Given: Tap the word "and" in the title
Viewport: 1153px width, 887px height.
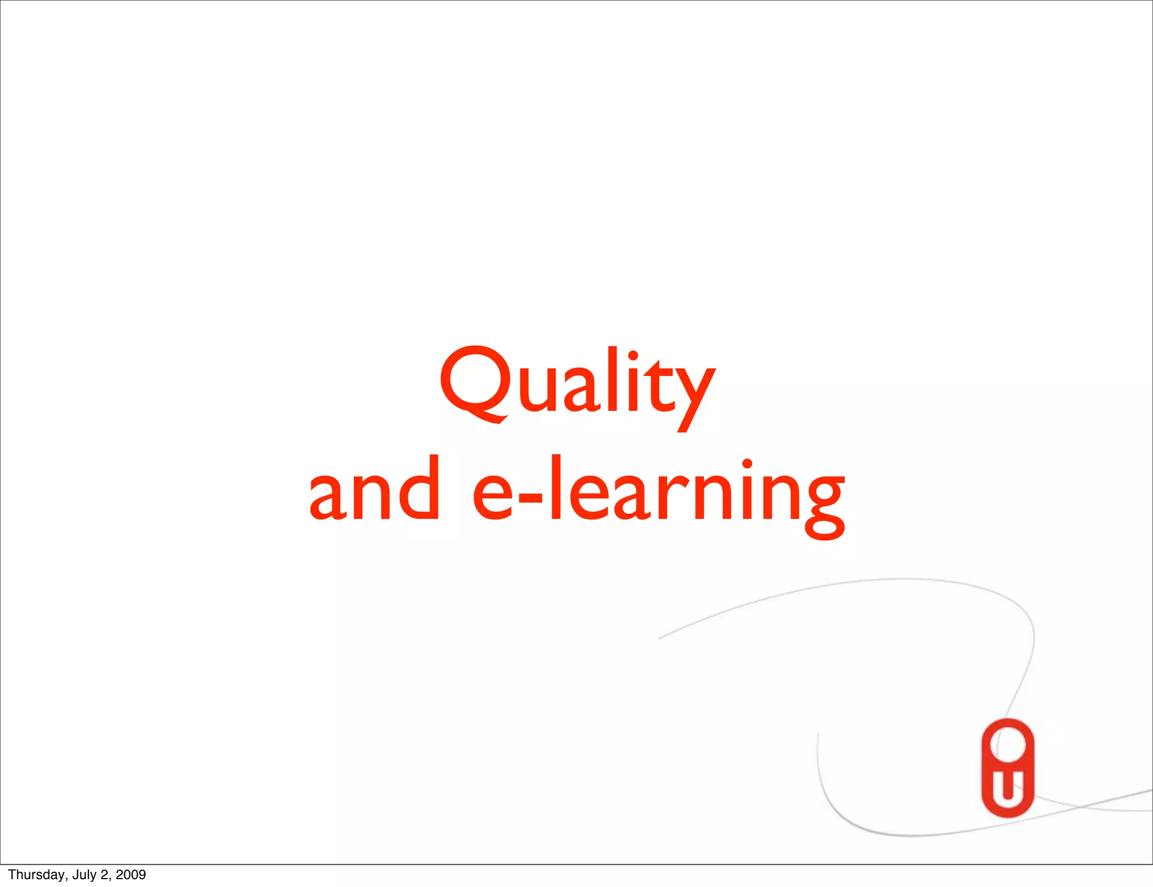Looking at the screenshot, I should click(x=374, y=489).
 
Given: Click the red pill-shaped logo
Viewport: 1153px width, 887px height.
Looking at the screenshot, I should click(x=1008, y=768).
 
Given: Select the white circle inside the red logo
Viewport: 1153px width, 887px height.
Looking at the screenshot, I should click(x=1008, y=744).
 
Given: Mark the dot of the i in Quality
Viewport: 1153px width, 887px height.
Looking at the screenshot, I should click(x=633, y=356).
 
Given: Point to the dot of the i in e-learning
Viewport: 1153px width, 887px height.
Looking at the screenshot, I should click(x=747, y=465).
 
